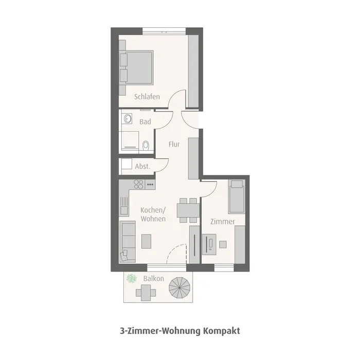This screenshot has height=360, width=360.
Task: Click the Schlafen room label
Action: pyautogui.click(x=147, y=97)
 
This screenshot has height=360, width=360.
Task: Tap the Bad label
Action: pyautogui.click(x=146, y=122)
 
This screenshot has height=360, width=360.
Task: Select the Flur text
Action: pyautogui.click(x=174, y=145)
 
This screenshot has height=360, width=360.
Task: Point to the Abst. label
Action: pyautogui.click(x=142, y=166)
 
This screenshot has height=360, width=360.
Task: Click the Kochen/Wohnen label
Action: pyautogui.click(x=153, y=214)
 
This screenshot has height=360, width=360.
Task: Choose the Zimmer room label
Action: pyautogui.click(x=223, y=222)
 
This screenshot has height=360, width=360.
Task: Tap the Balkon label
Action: pyautogui.click(x=154, y=279)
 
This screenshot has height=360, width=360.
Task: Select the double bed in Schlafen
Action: pyautogui.click(x=137, y=67)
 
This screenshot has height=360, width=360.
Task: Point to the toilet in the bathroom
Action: pyautogui.click(x=146, y=145)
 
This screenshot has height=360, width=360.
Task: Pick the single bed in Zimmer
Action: pyautogui.click(x=237, y=196)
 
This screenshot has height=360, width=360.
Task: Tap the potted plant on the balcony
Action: pyautogui.click(x=132, y=279)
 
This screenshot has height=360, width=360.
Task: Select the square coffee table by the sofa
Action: pyautogui.click(x=147, y=240)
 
